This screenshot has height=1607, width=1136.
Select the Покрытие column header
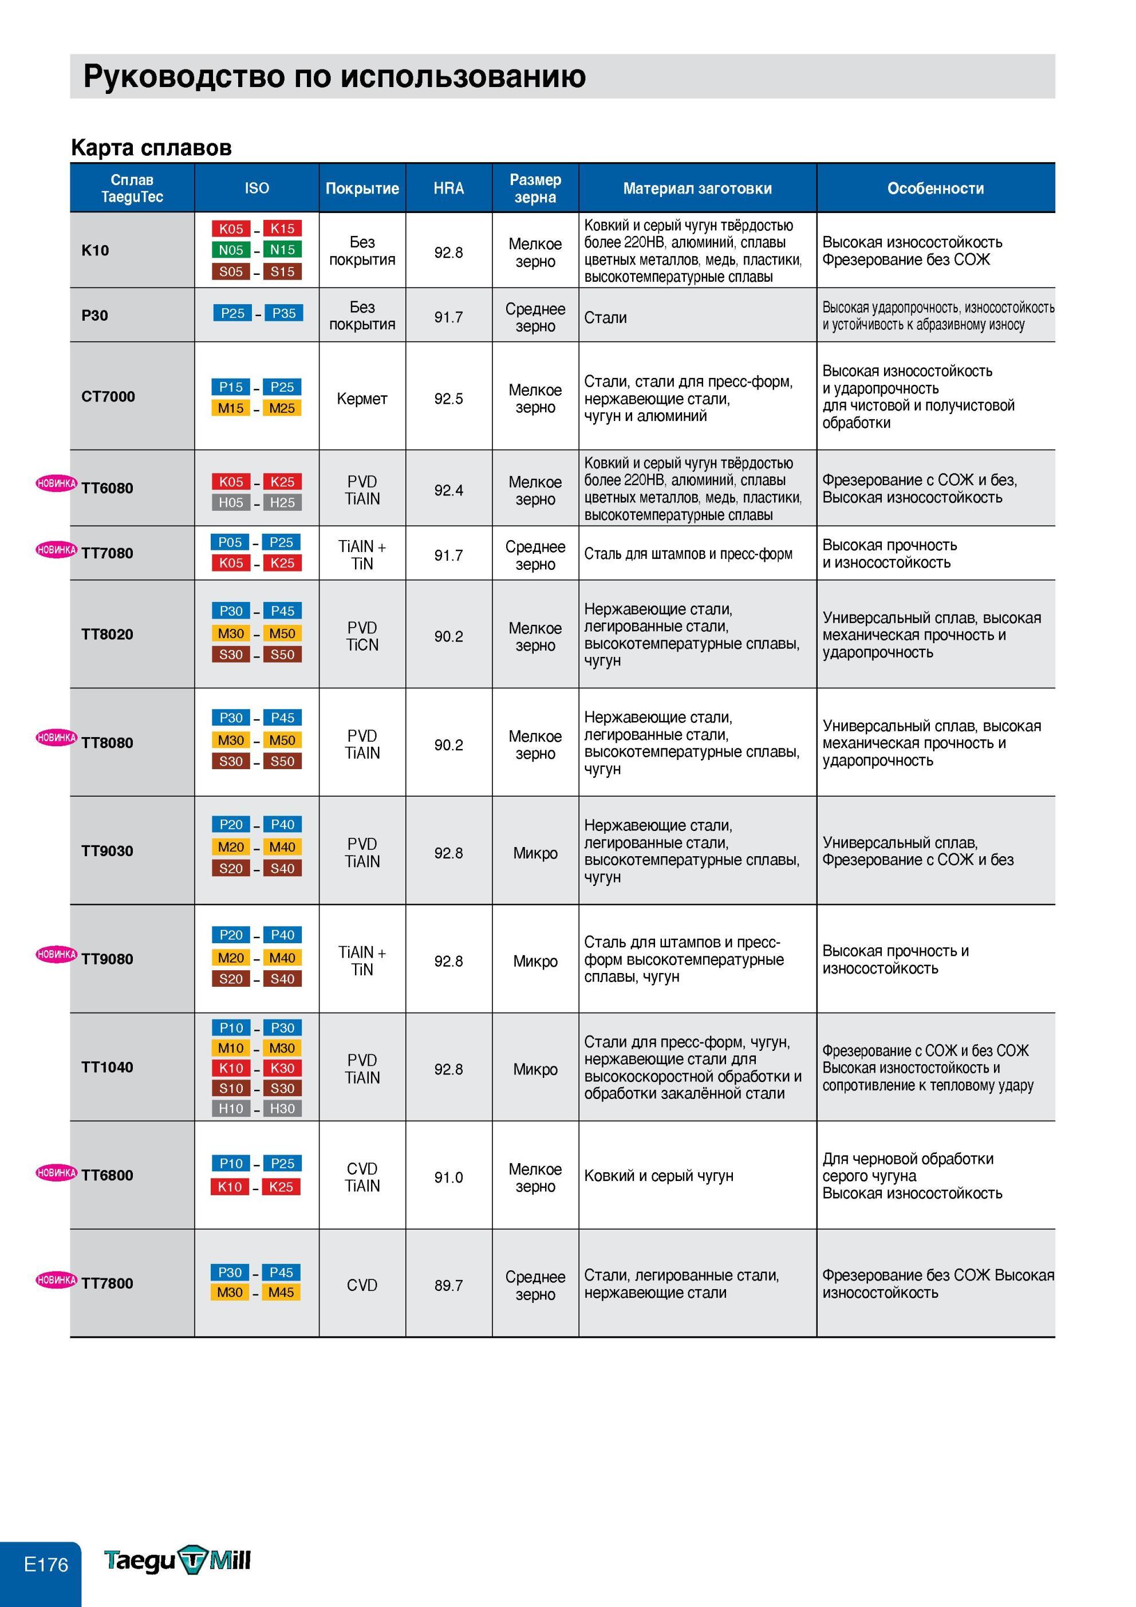(x=362, y=188)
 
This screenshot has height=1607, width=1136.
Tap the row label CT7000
(x=108, y=396)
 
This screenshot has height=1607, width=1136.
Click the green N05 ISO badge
(x=231, y=250)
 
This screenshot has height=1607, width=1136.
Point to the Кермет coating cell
(x=362, y=398)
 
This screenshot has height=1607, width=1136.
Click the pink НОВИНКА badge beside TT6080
(x=57, y=483)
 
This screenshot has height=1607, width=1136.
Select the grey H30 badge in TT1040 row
(x=283, y=1108)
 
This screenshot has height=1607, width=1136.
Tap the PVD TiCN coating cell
(x=362, y=636)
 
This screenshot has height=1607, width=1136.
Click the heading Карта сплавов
(x=151, y=148)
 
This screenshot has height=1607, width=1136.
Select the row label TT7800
(x=107, y=1283)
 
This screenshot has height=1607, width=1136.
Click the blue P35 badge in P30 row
(x=283, y=313)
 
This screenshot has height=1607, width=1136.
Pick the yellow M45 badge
(x=281, y=1292)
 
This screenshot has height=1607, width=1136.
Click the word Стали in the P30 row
(x=605, y=318)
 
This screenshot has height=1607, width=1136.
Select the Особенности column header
(x=935, y=188)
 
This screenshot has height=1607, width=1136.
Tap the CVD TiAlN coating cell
(x=362, y=1177)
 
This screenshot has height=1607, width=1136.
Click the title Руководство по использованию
(x=334, y=76)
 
